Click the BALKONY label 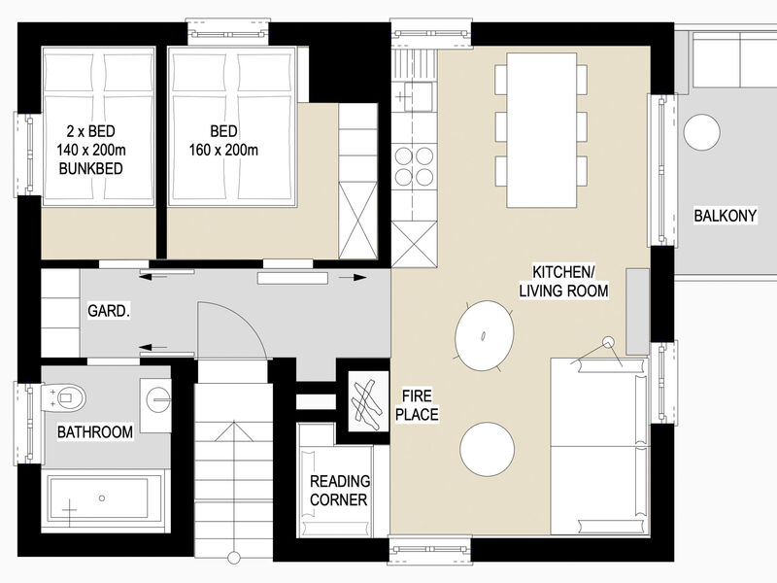[725, 216]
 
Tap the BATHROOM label [95, 431]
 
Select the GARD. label [109, 311]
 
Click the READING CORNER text [339, 491]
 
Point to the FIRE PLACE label [417, 405]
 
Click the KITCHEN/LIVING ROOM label [564, 281]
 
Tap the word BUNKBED [90, 168]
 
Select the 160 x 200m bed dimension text [223, 150]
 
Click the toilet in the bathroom [64, 397]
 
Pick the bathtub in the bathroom [105, 498]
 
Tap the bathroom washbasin [155, 405]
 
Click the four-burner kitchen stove [415, 166]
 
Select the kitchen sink [416, 95]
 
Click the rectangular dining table [542, 130]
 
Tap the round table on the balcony [701, 132]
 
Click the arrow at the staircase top [233, 430]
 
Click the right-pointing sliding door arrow [353, 277]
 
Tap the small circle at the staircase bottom [233, 557]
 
